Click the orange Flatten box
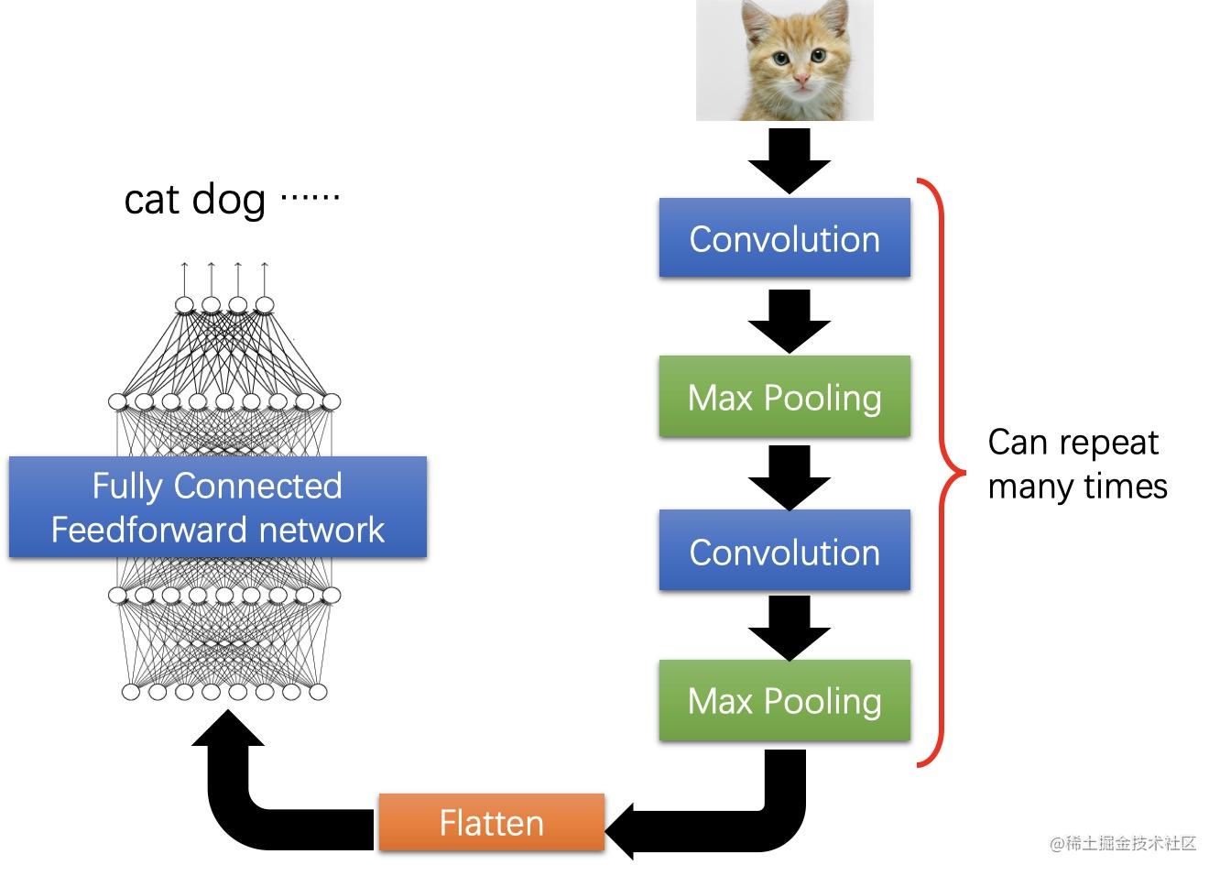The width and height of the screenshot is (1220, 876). coord(491,822)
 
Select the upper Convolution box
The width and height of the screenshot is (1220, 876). coord(784,237)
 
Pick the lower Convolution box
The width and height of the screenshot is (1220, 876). coord(784,550)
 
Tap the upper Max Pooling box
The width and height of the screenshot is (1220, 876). coord(784,396)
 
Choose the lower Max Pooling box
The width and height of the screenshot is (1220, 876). coord(784,700)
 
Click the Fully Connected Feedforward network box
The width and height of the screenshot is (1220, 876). coord(218,507)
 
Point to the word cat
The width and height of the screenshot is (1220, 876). coord(152,200)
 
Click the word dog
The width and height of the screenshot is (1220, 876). coord(229,200)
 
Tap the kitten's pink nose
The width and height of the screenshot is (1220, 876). coord(801,80)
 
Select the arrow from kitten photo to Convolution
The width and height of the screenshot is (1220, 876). coord(790,161)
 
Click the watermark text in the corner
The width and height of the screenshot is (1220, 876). coord(1123,843)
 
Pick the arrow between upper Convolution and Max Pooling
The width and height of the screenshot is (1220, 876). coord(790,322)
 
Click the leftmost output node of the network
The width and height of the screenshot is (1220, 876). coord(184,304)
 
